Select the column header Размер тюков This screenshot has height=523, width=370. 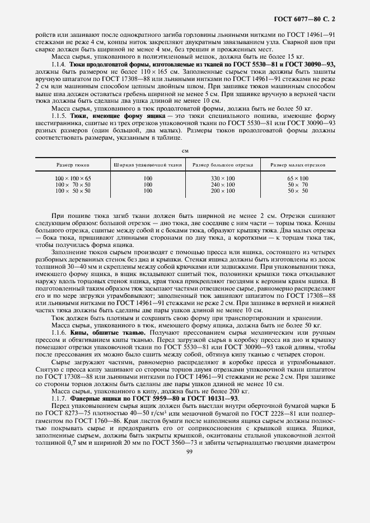[x=73, y=165]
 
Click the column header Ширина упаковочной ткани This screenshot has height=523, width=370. [x=148, y=165]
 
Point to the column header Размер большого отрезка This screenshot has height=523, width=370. [x=223, y=165]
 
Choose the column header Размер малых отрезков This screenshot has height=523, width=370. [x=298, y=165]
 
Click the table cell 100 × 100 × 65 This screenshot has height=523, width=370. [x=73, y=178]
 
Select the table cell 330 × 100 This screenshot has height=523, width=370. [x=223, y=178]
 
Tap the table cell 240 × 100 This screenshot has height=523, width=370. [x=223, y=184]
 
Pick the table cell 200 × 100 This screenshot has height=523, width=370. [x=223, y=191]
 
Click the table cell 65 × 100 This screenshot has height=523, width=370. [x=298, y=178]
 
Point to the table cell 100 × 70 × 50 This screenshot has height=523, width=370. [x=73, y=184]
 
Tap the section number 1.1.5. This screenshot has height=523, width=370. [x=58, y=115]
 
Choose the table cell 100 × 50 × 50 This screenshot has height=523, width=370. [x=73, y=191]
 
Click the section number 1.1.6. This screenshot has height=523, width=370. [x=58, y=332]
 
